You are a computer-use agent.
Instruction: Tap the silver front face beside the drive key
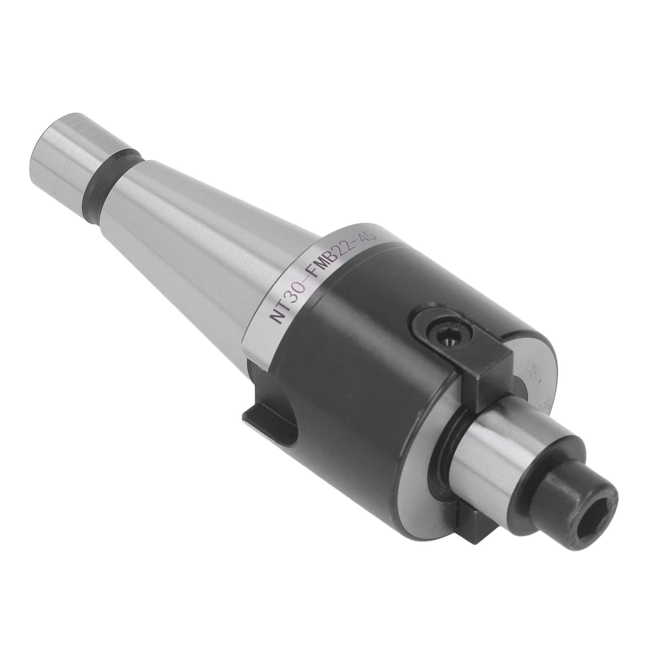(533, 361)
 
